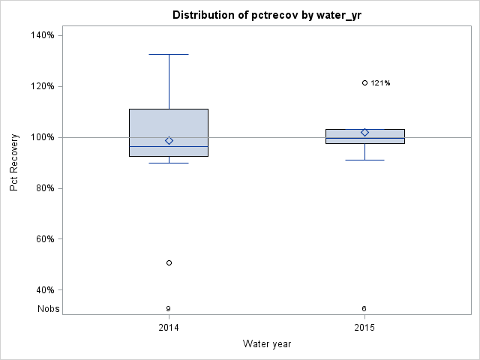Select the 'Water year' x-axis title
[x=266, y=344]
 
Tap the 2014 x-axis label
[x=169, y=328]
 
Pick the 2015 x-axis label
[x=364, y=328]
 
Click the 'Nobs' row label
[x=49, y=308]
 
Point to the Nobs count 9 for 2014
[x=169, y=308]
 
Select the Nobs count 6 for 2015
[x=364, y=308]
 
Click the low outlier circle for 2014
[x=169, y=262]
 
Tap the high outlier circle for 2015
[x=364, y=83]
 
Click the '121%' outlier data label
[x=381, y=83]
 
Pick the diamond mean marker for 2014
[x=169, y=140]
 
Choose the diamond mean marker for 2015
[x=364, y=133]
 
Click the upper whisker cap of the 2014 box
[x=169, y=54]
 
